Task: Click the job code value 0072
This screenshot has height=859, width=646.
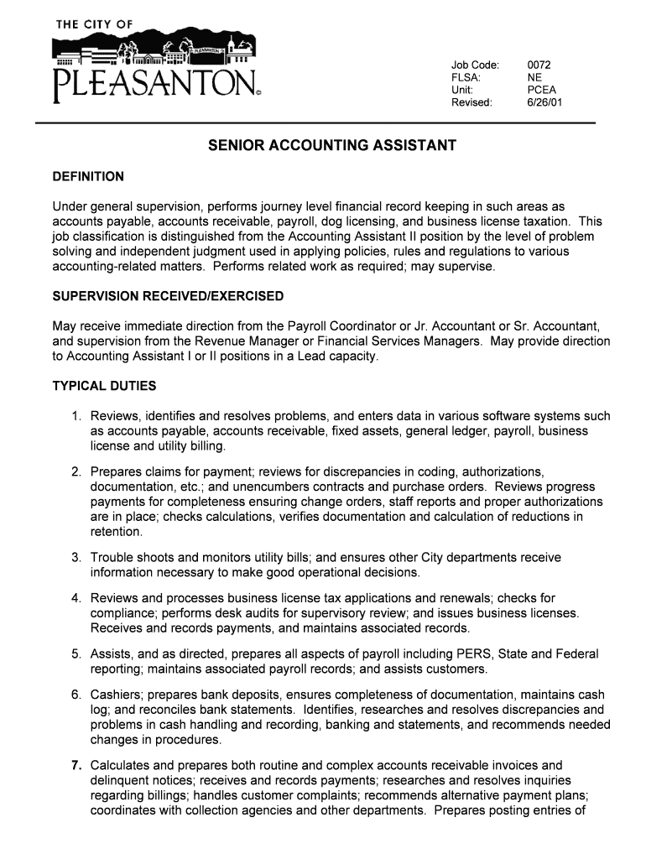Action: click(539, 65)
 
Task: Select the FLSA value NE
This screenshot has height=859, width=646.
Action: click(534, 78)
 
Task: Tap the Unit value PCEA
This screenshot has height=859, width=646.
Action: click(541, 90)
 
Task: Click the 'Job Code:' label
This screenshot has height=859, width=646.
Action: click(476, 65)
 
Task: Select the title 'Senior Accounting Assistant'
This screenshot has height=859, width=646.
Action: click(332, 146)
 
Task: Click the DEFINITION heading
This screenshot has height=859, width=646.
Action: click(88, 177)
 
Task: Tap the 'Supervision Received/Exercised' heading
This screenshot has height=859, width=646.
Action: click(168, 297)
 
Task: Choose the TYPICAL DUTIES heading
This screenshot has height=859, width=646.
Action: click(104, 387)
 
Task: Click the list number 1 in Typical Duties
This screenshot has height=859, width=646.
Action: click(76, 416)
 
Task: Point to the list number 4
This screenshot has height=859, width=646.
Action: click(76, 598)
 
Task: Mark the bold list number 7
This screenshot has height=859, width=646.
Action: click(76, 765)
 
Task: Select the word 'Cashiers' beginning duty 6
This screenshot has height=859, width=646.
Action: click(115, 695)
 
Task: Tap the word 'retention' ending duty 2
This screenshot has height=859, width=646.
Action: click(116, 532)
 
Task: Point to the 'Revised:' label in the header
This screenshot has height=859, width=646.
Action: click(472, 102)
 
